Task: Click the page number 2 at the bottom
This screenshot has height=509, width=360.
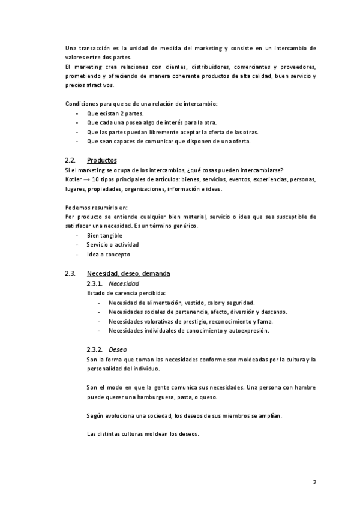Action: (x=314, y=482)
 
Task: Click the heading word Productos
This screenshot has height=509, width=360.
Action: (x=101, y=161)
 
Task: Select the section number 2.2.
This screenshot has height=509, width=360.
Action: (x=70, y=161)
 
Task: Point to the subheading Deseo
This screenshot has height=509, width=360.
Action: (x=118, y=349)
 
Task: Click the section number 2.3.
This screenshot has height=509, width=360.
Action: (x=70, y=274)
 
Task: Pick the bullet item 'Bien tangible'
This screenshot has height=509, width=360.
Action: (x=104, y=235)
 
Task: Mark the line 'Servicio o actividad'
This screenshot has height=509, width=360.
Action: (x=112, y=245)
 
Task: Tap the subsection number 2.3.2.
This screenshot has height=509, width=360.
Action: (x=95, y=349)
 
